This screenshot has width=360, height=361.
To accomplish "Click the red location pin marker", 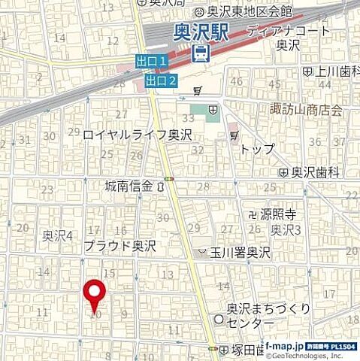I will [94, 294].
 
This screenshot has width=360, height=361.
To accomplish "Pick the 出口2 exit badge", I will [161, 80].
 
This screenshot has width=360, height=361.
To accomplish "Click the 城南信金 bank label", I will [130, 185].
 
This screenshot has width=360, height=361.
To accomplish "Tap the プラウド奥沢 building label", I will [119, 244].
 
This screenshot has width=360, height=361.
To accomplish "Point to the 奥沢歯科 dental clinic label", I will [315, 172].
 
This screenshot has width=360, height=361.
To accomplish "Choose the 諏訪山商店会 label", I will [306, 110].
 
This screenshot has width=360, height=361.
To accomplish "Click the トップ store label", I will [257, 149].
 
